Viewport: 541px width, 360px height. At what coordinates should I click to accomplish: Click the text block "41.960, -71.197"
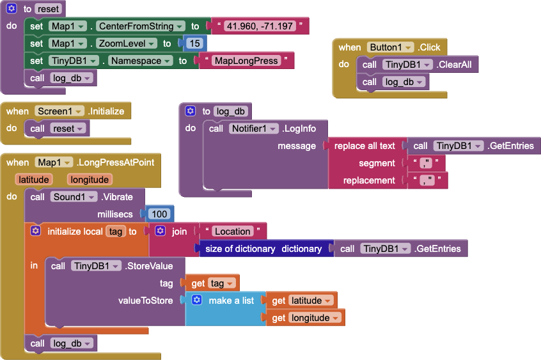tap(260, 26)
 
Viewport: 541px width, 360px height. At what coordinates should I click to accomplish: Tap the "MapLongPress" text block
tap(246, 61)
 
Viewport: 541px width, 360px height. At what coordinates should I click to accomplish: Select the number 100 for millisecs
tap(160, 214)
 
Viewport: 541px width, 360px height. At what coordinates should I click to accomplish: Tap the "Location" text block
tap(233, 231)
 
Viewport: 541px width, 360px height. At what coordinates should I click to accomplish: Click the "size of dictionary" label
tap(240, 249)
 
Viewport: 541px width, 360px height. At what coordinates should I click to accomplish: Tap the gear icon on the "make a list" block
tap(197, 301)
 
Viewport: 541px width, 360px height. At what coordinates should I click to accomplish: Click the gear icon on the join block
tap(160, 231)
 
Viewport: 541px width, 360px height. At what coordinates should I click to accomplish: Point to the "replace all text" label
tap(365, 146)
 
